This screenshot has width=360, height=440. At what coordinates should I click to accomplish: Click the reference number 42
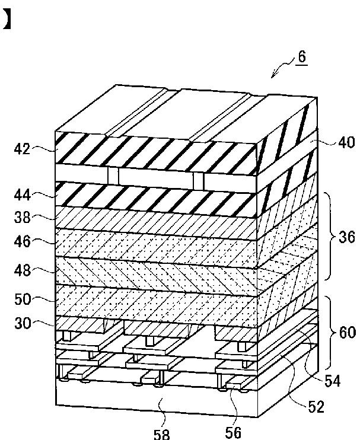tap(22, 149)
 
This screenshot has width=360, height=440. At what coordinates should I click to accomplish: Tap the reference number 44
tap(22, 195)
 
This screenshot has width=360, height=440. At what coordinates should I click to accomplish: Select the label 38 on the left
tap(22, 218)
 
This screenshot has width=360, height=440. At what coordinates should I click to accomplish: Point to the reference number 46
tap(22, 242)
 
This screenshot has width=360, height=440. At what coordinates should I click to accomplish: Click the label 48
tap(22, 270)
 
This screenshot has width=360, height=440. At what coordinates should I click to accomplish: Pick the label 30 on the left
tap(22, 323)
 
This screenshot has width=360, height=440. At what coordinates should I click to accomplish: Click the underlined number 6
tap(302, 58)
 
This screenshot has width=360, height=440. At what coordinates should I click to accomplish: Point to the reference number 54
tap(332, 381)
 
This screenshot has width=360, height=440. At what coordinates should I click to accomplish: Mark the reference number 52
tap(315, 406)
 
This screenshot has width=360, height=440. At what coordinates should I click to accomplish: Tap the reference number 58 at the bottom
tap(161, 434)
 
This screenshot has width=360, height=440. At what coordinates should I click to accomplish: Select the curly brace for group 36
tap(330, 237)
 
